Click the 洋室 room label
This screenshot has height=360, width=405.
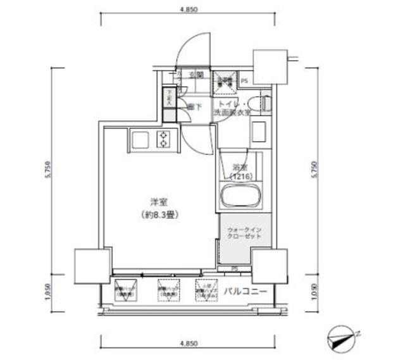coord(158,202)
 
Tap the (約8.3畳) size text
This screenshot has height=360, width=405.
coord(158,214)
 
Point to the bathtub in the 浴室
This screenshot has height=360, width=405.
coord(239,197)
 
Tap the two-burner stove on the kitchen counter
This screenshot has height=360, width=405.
coord(165,139)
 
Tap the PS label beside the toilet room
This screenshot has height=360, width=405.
coord(244,81)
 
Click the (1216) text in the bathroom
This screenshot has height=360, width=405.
coord(240,176)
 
